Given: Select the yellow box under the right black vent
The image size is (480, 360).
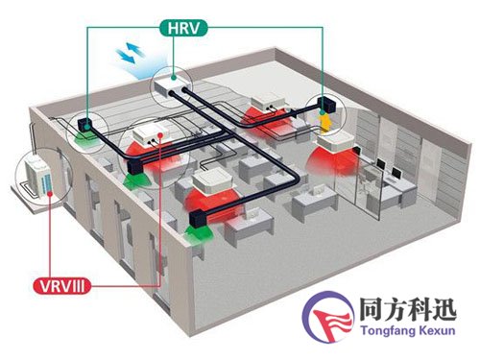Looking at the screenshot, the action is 329,123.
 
